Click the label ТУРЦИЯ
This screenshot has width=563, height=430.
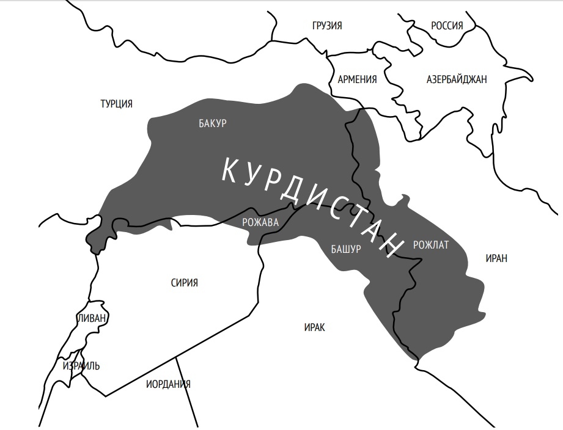pos(116,104)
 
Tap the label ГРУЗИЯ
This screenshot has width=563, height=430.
pos(326,26)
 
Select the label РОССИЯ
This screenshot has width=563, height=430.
pos(447,26)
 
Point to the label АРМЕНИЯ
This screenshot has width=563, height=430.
pos(357,79)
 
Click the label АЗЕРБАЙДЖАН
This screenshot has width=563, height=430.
pos(457,79)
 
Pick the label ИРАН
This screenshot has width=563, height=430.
pos(496,258)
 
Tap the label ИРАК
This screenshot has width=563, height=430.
pos(314,328)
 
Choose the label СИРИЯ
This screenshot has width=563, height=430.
pos(185,283)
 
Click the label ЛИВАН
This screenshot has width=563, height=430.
pos(92,318)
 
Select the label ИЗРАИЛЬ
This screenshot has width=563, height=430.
pos(81,366)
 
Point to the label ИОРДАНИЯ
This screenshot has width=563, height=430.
pos(168,384)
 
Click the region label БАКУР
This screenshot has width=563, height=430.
pos(213,123)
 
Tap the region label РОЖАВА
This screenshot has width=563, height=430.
pos(260,222)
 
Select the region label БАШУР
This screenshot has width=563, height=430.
pos(346,249)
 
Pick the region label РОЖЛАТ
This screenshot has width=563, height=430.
pos(431,245)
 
